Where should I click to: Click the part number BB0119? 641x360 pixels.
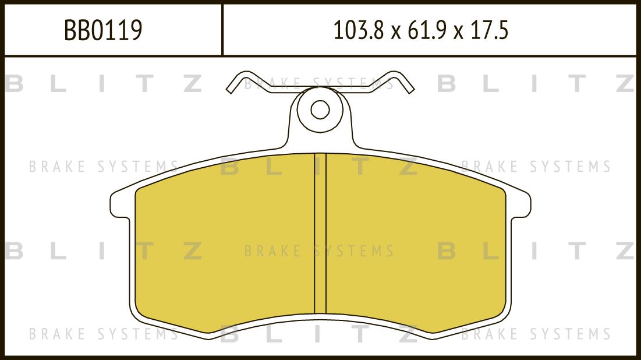(103, 30)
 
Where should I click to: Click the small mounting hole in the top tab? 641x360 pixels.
(320, 109)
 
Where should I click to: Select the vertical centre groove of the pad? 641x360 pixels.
(320, 233)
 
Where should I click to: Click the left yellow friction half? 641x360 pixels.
(224, 245)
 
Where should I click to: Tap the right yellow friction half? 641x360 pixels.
(416, 245)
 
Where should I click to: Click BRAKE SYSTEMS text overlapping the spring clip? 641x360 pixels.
(319, 83)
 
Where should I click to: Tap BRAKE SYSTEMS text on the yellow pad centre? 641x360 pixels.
(319, 252)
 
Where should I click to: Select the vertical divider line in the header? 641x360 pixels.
(222, 29)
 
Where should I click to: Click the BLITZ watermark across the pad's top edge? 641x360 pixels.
(319, 167)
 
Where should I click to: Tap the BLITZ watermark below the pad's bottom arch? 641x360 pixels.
(319, 334)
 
